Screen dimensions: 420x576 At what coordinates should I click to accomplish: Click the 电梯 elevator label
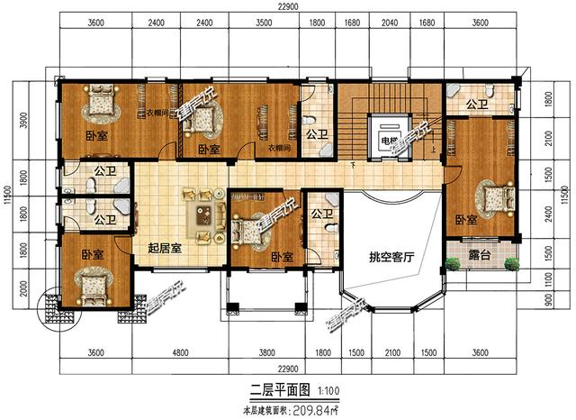click(x=388, y=141)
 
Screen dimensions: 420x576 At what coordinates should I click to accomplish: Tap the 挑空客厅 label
click(x=390, y=257)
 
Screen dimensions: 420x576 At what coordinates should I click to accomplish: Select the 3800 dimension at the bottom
click(x=266, y=352)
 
